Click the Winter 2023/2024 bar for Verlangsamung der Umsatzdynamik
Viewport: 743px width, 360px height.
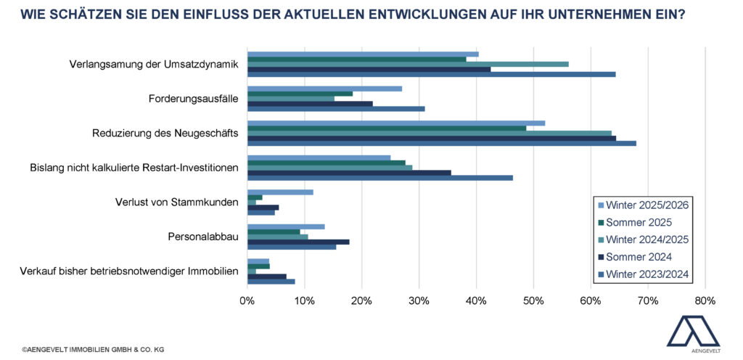pyautogui.click(x=431, y=74)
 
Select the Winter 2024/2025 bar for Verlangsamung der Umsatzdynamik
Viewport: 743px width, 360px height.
pyautogui.click(x=408, y=64)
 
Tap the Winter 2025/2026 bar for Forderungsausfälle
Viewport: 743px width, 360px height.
pyautogui.click(x=324, y=89)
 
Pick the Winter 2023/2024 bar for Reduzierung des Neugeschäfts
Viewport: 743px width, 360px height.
pyautogui.click(x=441, y=143)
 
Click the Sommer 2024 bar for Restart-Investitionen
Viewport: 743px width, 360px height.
pyautogui.click(x=349, y=172)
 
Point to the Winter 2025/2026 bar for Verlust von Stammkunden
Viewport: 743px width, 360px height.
pyautogui.click(x=280, y=192)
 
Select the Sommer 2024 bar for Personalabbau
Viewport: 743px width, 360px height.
pyautogui.click(x=298, y=242)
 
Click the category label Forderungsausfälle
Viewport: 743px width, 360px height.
pyautogui.click(x=194, y=99)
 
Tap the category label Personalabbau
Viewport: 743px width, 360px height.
pyautogui.click(x=203, y=236)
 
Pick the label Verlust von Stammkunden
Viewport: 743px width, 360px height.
pyautogui.click(x=177, y=202)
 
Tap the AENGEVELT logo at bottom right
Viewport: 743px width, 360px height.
pyautogui.click(x=694, y=334)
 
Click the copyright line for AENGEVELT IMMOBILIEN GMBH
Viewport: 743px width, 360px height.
pyautogui.click(x=93, y=350)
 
